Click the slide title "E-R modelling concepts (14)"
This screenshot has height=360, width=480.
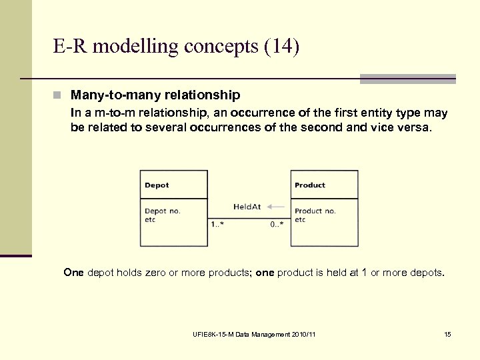tap(177, 47)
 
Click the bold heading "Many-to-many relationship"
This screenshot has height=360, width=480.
tap(155, 95)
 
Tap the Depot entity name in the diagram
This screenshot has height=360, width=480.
tap(157, 185)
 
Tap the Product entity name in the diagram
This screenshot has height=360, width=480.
tap(310, 185)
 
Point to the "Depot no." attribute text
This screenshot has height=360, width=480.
tap(163, 211)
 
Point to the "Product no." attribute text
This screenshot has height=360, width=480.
tap(315, 211)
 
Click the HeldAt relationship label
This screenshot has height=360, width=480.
tap(247, 207)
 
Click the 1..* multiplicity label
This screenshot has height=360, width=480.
tap(217, 224)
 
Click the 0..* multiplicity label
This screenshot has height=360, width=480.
tap(277, 224)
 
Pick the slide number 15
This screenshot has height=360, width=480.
tap(447, 334)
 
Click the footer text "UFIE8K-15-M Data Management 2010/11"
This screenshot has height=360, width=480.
tap(253, 334)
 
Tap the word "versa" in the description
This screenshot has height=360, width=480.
tap(415, 128)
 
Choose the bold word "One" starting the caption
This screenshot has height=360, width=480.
tap(73, 273)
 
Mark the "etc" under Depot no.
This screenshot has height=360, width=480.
tap(150, 220)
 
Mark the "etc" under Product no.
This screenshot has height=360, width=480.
tap(300, 220)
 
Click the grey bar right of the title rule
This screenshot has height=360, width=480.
tap(407, 79)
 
